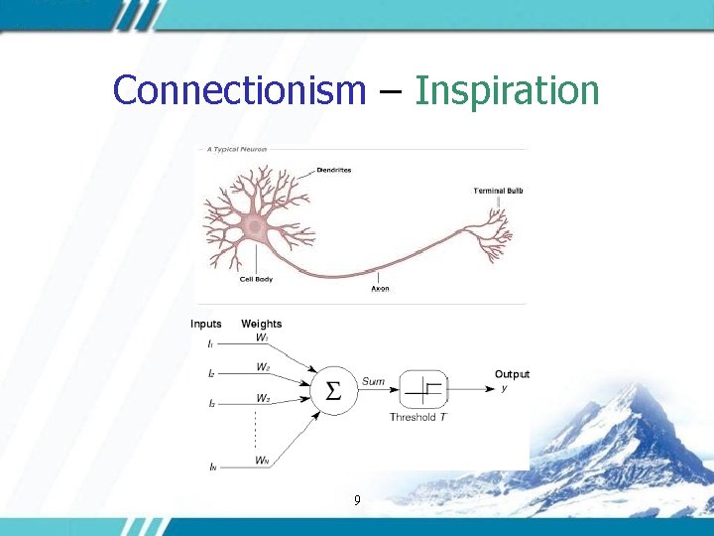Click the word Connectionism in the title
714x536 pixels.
[239, 90]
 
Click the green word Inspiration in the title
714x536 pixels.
[507, 90]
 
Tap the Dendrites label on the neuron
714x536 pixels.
[334, 170]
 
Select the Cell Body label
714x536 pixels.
[255, 279]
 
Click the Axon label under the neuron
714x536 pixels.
[379, 289]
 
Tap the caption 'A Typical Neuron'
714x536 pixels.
[237, 150]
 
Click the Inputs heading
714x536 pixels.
[206, 324]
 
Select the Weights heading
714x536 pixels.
[261, 324]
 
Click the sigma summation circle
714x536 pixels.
[334, 390]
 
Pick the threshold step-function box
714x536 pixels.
[423, 389]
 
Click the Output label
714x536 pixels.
[512, 374]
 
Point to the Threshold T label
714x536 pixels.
[417, 418]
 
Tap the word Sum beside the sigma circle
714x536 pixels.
[373, 381]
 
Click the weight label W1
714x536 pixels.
[262, 337]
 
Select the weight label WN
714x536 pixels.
[262, 460]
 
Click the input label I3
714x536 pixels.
[211, 404]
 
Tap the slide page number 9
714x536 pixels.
[357, 501]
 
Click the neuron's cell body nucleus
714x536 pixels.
[255, 227]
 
